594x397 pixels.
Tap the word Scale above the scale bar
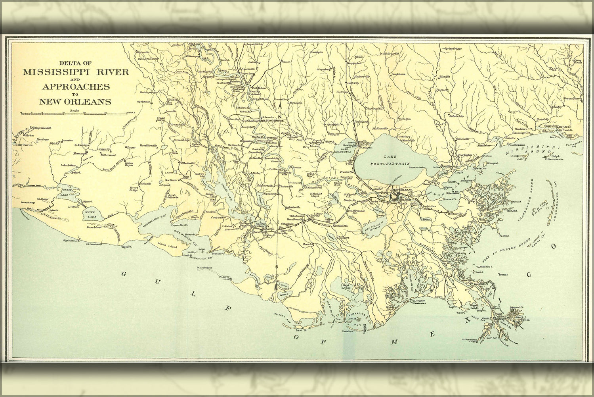(73, 110)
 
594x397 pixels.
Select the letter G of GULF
(124, 274)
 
